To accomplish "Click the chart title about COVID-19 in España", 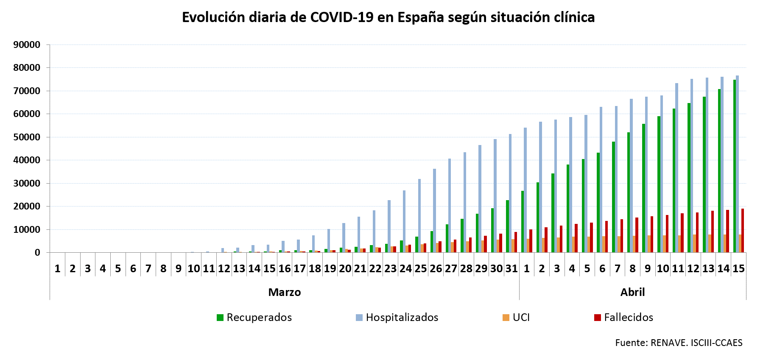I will click(x=388, y=17).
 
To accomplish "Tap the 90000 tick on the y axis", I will click(x=27, y=45).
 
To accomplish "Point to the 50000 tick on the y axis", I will click(x=27, y=137).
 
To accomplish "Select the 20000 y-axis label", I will click(x=27, y=207).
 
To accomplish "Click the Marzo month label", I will click(x=284, y=292).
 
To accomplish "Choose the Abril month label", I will click(x=632, y=292).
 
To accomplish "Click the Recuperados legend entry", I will click(x=254, y=317).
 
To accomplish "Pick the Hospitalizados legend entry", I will click(x=397, y=317).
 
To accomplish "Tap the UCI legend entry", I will click(x=516, y=317).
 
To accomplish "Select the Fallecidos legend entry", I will click(x=623, y=317).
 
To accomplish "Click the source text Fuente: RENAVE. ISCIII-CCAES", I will click(x=679, y=343).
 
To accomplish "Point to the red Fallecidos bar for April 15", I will click(x=743, y=231).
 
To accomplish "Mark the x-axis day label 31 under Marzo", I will click(x=511, y=268).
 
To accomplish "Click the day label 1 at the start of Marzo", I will click(x=58, y=268).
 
